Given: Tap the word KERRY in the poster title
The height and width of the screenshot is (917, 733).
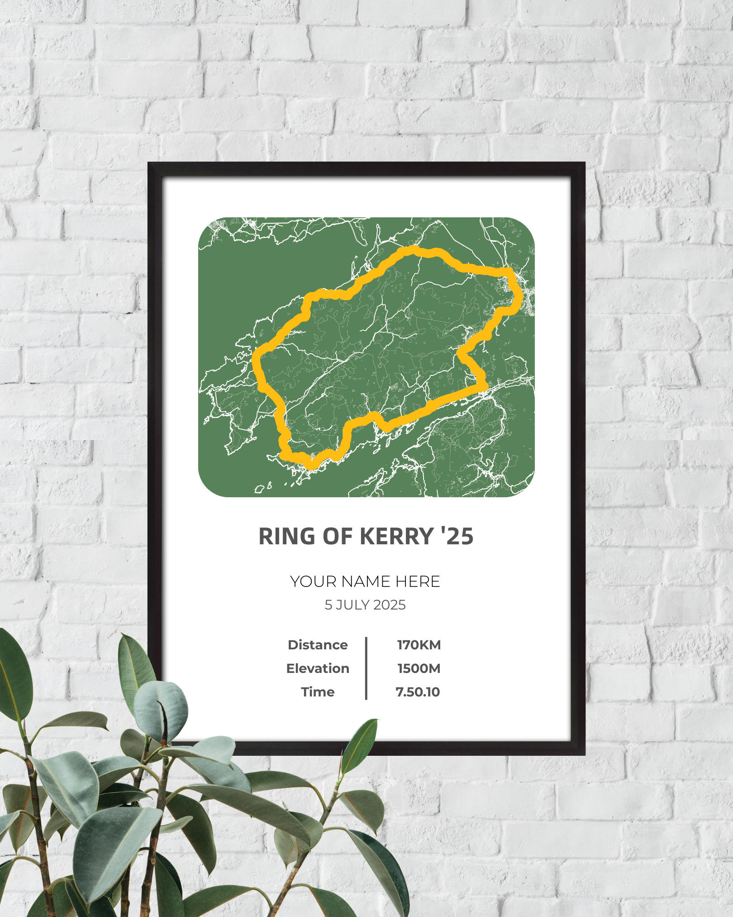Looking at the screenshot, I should click(397, 537).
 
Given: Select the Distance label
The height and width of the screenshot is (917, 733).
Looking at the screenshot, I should click(318, 645).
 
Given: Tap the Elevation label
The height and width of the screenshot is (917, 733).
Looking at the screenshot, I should click(318, 668).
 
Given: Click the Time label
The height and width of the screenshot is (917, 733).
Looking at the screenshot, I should click(318, 692).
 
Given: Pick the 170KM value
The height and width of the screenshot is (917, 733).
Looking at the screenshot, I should click(419, 645).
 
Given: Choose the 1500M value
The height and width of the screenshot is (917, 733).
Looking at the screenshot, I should click(419, 668).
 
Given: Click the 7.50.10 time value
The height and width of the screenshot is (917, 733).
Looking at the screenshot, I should click(418, 692).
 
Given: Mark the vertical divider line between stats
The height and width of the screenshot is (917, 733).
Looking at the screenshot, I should click(366, 668).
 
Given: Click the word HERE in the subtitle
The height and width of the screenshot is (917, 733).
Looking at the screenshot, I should click(418, 581).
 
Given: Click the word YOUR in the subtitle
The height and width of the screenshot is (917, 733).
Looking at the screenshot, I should click(313, 581).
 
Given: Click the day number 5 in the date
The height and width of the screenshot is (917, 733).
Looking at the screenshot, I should click(328, 605).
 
